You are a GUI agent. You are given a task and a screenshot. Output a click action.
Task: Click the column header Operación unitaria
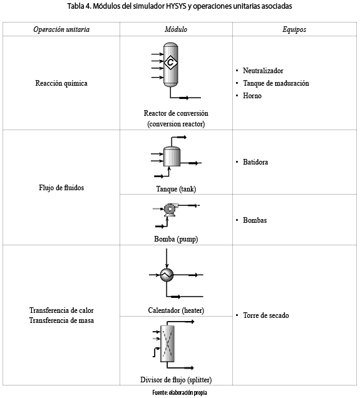[61, 29]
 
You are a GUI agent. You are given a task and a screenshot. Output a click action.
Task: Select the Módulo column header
[176, 29]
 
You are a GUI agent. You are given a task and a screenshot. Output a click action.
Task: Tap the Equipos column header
[294, 29]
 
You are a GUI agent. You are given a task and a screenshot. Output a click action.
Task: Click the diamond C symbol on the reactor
[170, 62]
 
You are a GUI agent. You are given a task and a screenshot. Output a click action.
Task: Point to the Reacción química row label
[61, 83]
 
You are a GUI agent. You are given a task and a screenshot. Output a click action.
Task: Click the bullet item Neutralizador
[263, 71]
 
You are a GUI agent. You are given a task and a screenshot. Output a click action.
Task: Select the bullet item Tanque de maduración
[276, 83]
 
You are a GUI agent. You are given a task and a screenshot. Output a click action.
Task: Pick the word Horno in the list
[252, 96]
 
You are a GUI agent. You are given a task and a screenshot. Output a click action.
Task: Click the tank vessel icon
[172, 156]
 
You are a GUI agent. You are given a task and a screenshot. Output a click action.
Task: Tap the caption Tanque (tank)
[176, 189]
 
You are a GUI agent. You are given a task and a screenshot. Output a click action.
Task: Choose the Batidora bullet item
[255, 162]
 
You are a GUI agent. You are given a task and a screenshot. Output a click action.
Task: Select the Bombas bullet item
[255, 220]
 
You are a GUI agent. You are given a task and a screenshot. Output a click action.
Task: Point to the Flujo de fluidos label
[61, 188]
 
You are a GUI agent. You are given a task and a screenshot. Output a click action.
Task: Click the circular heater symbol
[167, 275]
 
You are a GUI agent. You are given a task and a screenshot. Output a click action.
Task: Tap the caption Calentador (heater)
[176, 310]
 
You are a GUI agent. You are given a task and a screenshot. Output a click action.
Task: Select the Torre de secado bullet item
[266, 315]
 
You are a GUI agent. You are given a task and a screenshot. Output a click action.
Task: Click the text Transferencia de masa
[61, 320]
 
